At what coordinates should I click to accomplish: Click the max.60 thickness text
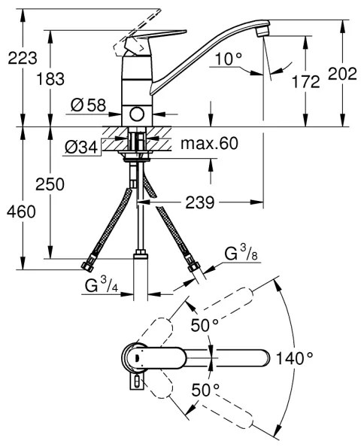click(x=202, y=144)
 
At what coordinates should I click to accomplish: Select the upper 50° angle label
click(x=202, y=325)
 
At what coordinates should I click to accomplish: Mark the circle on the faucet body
click(x=137, y=113)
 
